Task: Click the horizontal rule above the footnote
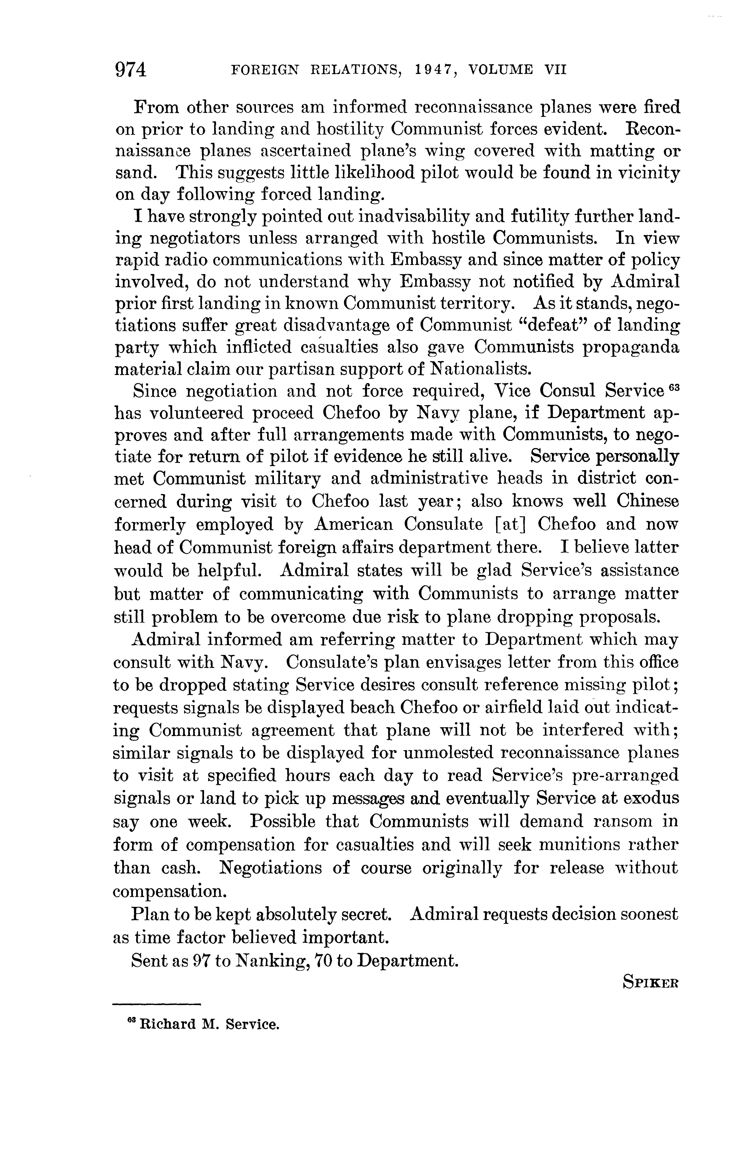[156, 1004]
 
